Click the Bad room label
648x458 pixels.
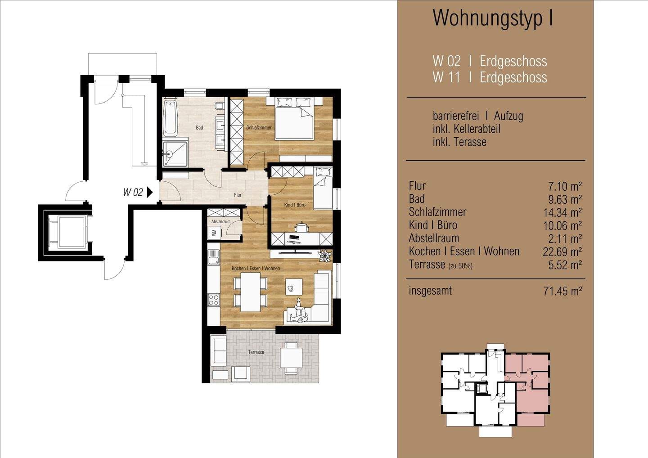pyautogui.click(x=199, y=127)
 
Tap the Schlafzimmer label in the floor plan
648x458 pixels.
pyautogui.click(x=259, y=127)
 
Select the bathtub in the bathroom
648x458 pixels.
pyautogui.click(x=170, y=118)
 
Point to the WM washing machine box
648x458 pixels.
pyautogui.click(x=214, y=233)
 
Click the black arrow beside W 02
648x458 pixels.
pyautogui.click(x=149, y=192)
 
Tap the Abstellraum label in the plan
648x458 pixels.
pyautogui.click(x=220, y=221)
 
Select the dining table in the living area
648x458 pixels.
pyautogui.click(x=251, y=292)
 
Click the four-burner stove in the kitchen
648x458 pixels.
pyautogui.click(x=214, y=300)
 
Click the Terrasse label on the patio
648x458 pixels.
pyautogui.click(x=256, y=352)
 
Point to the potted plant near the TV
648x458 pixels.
pyautogui.click(x=324, y=256)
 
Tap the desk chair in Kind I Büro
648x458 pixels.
pyautogui.click(x=302, y=227)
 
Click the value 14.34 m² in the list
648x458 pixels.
pyautogui.click(x=562, y=212)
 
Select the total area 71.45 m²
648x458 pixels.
pyautogui.click(x=562, y=291)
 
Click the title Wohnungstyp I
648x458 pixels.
pyautogui.click(x=493, y=18)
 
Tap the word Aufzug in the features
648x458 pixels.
pyautogui.click(x=508, y=116)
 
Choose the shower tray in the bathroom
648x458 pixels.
pyautogui.click(x=175, y=154)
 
